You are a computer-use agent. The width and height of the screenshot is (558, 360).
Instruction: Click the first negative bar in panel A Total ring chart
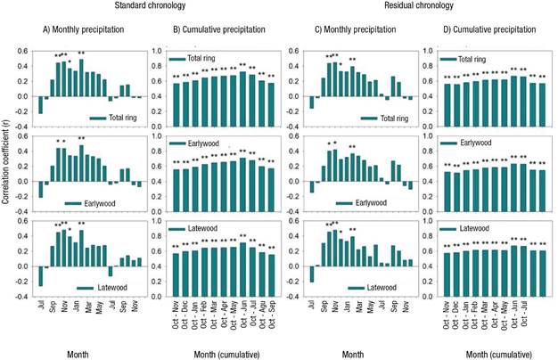pos(41,106)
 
